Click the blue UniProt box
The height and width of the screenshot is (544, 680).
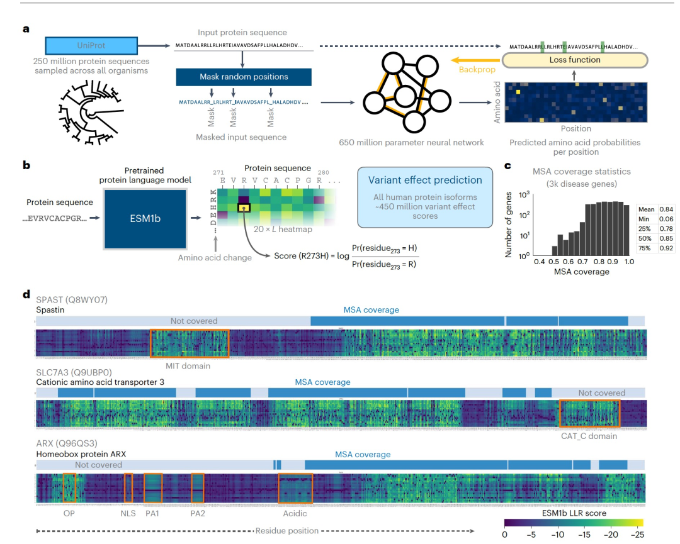pyautogui.click(x=91, y=47)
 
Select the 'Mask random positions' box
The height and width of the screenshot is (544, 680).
pyautogui.click(x=244, y=77)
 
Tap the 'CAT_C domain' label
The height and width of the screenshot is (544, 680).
pyautogui.click(x=589, y=436)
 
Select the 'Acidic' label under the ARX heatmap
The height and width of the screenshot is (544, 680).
pyautogui.click(x=295, y=513)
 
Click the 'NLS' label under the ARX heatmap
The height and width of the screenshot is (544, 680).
pyautogui.click(x=128, y=513)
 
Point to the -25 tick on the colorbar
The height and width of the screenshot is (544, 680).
pyautogui.click(x=638, y=535)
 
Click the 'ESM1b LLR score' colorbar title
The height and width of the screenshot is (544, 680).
pyautogui.click(x=574, y=513)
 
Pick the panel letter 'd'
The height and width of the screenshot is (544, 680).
pyautogui.click(x=26, y=294)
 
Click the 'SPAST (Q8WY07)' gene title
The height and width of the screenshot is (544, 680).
pyautogui.click(x=72, y=299)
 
